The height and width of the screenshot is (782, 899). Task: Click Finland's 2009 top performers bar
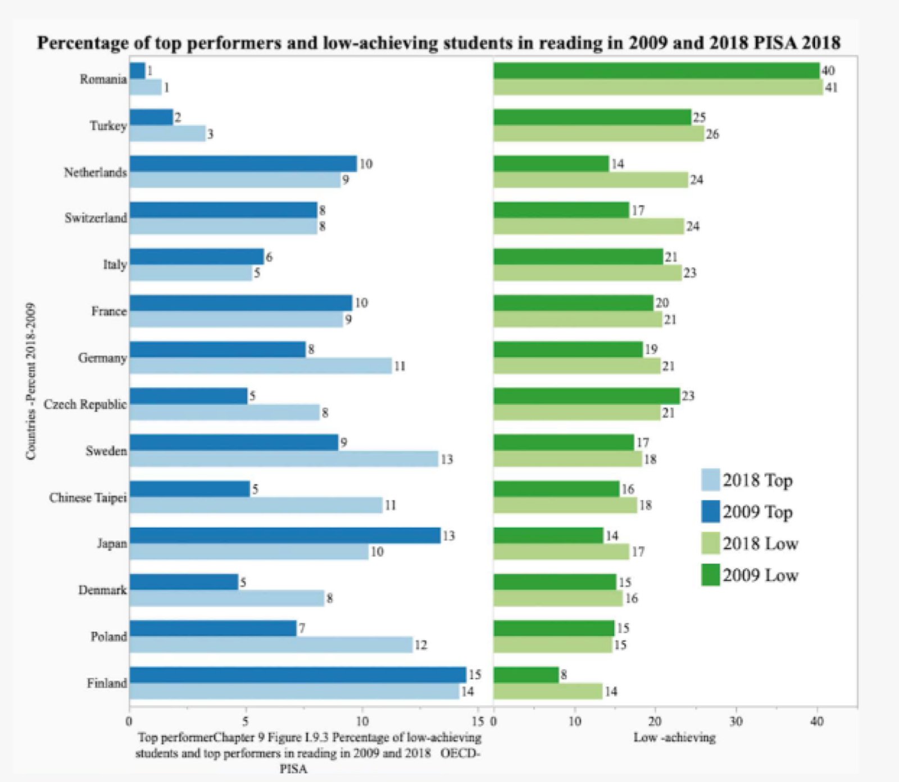click(x=298, y=675)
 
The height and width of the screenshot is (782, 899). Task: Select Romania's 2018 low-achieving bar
click(x=658, y=87)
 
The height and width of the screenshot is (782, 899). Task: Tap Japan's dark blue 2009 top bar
click(x=285, y=535)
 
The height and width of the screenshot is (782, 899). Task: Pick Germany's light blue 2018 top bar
click(x=260, y=366)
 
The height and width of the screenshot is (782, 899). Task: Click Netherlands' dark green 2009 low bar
click(x=551, y=163)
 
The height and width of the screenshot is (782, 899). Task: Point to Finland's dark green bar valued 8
click(x=526, y=675)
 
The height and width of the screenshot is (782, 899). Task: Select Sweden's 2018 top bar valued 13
click(x=284, y=459)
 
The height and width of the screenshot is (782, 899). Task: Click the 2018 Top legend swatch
click(x=711, y=480)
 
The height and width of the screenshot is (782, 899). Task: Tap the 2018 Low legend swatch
click(x=711, y=543)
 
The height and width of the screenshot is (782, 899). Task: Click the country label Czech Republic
click(x=85, y=404)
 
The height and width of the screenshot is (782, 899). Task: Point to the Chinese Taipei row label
click(x=88, y=498)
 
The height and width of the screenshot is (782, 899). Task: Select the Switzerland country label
click(x=96, y=218)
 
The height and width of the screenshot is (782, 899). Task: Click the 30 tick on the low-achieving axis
click(x=736, y=721)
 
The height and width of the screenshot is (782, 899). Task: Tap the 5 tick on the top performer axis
click(x=246, y=721)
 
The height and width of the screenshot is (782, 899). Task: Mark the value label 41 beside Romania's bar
click(x=831, y=88)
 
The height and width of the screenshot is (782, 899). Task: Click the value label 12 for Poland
click(x=421, y=645)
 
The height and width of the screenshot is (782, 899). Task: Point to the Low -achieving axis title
click(x=675, y=738)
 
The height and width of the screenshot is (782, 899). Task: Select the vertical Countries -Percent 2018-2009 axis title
click(x=31, y=381)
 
